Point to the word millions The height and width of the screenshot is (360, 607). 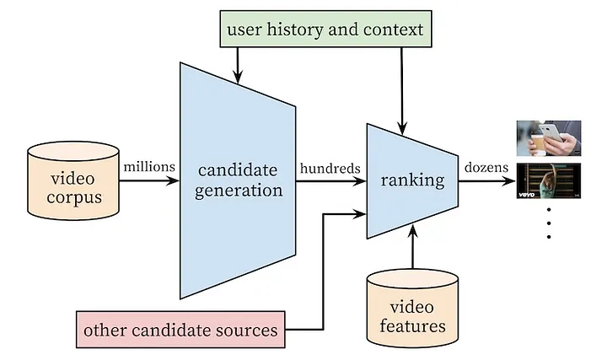[x=149, y=167]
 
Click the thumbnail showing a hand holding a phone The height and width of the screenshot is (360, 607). [x=548, y=138]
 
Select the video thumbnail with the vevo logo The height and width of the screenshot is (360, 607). [x=548, y=181]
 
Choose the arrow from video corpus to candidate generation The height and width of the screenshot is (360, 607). [x=148, y=180]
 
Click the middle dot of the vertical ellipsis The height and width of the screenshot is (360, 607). [x=548, y=223]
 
